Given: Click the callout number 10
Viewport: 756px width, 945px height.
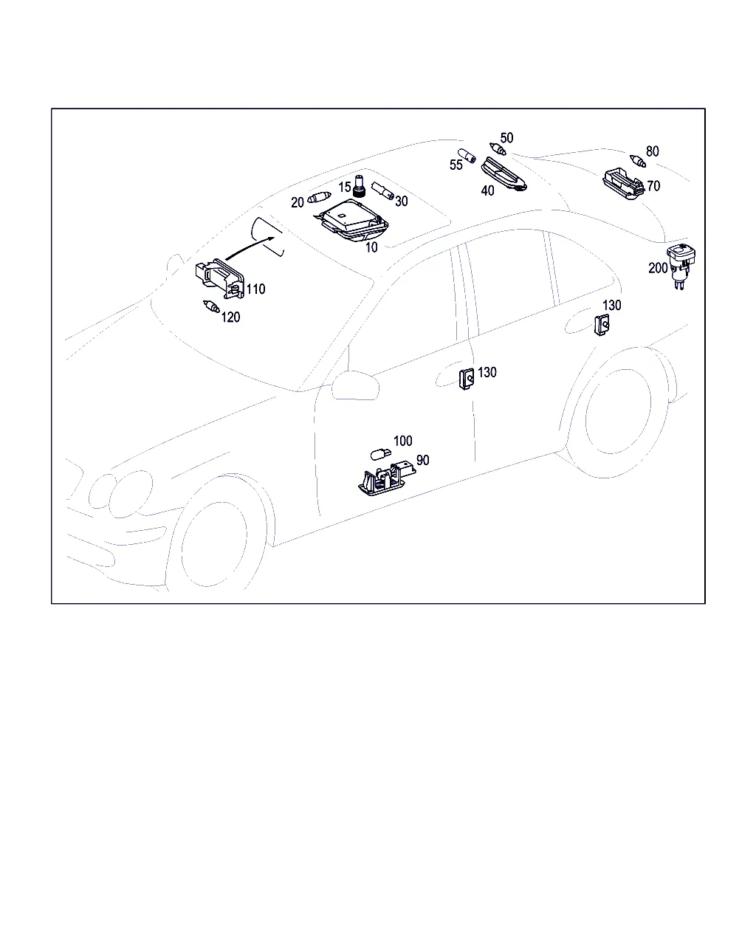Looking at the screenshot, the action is coord(371,247).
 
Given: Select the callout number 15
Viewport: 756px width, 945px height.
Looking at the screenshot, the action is coord(344,187).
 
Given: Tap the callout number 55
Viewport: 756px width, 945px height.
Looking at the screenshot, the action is coord(456,165).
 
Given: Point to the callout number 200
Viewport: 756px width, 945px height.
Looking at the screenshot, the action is coord(658,268).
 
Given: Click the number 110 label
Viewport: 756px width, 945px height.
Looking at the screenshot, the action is coord(255,289).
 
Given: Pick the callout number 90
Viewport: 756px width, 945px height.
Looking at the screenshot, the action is coord(422,460).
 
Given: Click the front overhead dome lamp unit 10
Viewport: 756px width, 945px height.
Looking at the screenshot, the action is coord(351,221).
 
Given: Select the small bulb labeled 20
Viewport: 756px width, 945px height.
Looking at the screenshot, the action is coord(319,197).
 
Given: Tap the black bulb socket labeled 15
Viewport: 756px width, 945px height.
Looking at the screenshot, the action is coord(360,186).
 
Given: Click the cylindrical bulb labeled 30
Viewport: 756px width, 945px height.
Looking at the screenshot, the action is coord(382,190).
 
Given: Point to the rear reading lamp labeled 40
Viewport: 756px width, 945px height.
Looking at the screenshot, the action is coord(504,174).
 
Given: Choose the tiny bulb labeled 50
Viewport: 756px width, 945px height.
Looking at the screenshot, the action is coord(498,149).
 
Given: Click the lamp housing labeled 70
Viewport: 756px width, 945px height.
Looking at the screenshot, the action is coord(624,183).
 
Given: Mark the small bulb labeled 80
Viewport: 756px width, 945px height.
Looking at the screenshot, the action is coord(637,161).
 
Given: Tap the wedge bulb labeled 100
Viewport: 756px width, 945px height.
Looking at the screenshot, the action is coord(380,454).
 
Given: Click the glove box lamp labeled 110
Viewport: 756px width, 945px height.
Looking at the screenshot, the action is coord(220,279).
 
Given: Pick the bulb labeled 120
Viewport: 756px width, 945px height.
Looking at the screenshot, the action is coord(211,306).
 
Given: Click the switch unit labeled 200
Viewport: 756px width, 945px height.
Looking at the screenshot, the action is coord(681,267).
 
